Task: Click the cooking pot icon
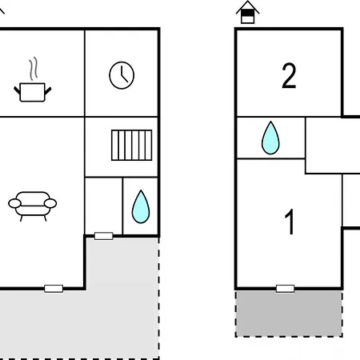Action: coord(32,92)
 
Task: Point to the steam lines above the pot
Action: coord(33,69)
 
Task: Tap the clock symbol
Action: coord(122,75)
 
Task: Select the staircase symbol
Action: coord(132,146)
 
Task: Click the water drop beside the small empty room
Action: coord(141,207)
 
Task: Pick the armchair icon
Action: coord(33,206)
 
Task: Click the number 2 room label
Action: coord(289,76)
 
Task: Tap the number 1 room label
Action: coord(290,222)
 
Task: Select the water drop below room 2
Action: coord(270,138)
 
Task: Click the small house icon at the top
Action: coord(247,12)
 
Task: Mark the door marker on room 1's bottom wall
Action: coord(285,289)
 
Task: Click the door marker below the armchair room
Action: coord(54,289)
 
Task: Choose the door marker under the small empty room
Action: coord(104,236)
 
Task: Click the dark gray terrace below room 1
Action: coord(289,314)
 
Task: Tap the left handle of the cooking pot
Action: coord(17,90)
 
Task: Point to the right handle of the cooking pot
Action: coord(48,90)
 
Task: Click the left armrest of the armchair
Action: coord(14,203)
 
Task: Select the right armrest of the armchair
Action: coord(50,203)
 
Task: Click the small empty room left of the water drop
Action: coord(104,206)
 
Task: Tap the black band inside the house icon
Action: coord(247,13)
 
